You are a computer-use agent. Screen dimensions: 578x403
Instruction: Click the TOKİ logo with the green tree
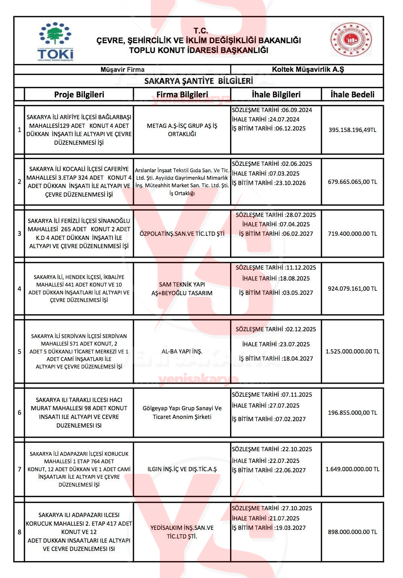56,41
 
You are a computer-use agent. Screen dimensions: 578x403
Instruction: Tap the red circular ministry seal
351,39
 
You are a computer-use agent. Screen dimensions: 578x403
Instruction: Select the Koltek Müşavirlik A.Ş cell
308,69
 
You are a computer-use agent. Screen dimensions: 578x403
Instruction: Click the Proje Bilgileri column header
79,94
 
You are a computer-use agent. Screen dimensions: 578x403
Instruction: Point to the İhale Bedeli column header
352,94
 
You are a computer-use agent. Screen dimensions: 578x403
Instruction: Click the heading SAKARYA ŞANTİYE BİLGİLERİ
198,81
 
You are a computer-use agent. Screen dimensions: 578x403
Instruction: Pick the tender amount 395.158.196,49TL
352,130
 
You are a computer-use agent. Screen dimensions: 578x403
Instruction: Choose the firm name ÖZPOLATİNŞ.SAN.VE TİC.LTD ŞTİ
182,234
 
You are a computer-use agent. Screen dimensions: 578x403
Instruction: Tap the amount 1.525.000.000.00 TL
352,351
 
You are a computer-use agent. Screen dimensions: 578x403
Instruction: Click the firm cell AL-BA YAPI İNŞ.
182,351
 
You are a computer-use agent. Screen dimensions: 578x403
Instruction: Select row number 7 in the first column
20,469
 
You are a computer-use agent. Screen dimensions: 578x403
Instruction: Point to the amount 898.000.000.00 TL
352,532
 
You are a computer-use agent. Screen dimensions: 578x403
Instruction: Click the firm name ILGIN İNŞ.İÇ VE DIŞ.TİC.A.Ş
182,469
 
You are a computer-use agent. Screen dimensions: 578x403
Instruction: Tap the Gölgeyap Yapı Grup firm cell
182,413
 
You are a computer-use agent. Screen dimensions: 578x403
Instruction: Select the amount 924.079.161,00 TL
352,288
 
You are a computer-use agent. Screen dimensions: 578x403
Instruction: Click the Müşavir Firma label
123,70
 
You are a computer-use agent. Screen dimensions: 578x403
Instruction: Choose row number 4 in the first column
20,288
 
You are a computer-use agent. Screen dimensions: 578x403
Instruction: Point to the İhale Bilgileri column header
276,94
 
